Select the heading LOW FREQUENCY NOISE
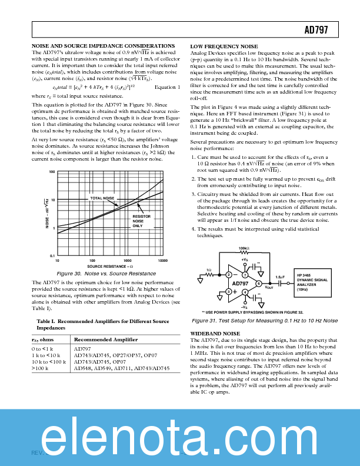click(x=224, y=46)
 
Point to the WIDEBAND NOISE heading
click(x=215, y=333)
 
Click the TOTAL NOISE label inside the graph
click(x=102, y=198)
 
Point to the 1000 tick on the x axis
click(x=128, y=259)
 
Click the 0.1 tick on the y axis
click(x=52, y=255)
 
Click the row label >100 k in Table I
click(x=40, y=368)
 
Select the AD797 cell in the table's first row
click(x=82, y=349)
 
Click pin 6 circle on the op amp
click(x=259, y=283)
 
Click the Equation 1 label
click(x=167, y=88)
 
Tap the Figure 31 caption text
click(x=264, y=321)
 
